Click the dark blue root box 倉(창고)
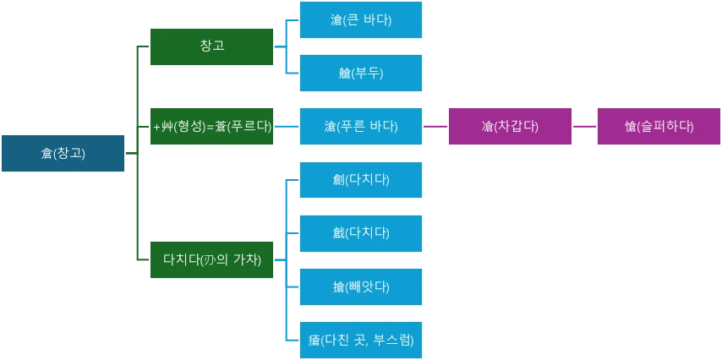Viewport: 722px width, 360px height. pyautogui.click(x=63, y=153)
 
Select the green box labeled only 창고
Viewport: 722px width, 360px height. pyautogui.click(x=211, y=46)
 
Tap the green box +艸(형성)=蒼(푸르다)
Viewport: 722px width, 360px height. pyautogui.click(x=211, y=126)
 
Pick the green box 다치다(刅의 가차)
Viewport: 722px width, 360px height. pyautogui.click(x=211, y=259)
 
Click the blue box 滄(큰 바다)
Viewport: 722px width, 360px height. pyautogui.click(x=360, y=19)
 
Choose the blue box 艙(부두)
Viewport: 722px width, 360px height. pyautogui.click(x=360, y=73)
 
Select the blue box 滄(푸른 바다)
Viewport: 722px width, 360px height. pyautogui.click(x=360, y=126)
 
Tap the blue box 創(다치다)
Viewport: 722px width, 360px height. pyautogui.click(x=360, y=179)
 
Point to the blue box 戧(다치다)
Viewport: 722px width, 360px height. pyautogui.click(x=360, y=232)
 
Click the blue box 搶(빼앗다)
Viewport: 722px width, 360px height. pyautogui.click(x=360, y=286)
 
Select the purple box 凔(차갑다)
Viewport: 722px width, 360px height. pyautogui.click(x=510, y=126)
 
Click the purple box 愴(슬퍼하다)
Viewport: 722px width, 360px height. pyautogui.click(x=659, y=126)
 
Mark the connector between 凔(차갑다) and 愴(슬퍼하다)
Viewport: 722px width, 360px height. pyautogui.click(x=584, y=125)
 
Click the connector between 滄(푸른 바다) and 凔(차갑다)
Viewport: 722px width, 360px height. pyautogui.click(x=435, y=125)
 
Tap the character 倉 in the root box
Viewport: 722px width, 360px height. pyautogui.click(x=46, y=154)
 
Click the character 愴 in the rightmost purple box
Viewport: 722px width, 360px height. pyautogui.click(x=630, y=127)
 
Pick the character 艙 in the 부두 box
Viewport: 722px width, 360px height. pyautogui.click(x=342, y=74)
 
